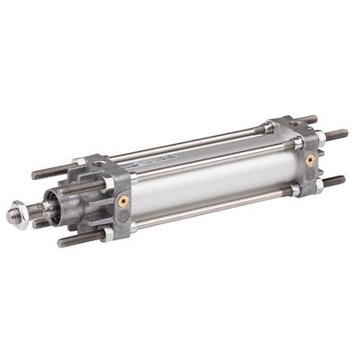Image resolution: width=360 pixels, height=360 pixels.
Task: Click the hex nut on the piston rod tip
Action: pos(15,216)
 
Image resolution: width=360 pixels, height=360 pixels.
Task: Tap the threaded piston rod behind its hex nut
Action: pos(33,210)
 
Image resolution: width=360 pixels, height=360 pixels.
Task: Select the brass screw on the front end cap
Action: pos(123,200)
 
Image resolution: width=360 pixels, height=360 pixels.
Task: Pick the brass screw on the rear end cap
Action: pos(310,158)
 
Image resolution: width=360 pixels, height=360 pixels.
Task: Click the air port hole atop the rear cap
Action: pos(286,123)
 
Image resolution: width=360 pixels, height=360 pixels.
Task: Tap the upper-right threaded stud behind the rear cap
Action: pos(337,135)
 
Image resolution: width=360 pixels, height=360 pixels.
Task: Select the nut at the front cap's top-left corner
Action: pos(79,164)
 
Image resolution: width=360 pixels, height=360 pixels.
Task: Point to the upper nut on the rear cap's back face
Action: pos(319,138)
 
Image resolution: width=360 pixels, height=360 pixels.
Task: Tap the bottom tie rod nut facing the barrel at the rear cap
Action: pos(294,190)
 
